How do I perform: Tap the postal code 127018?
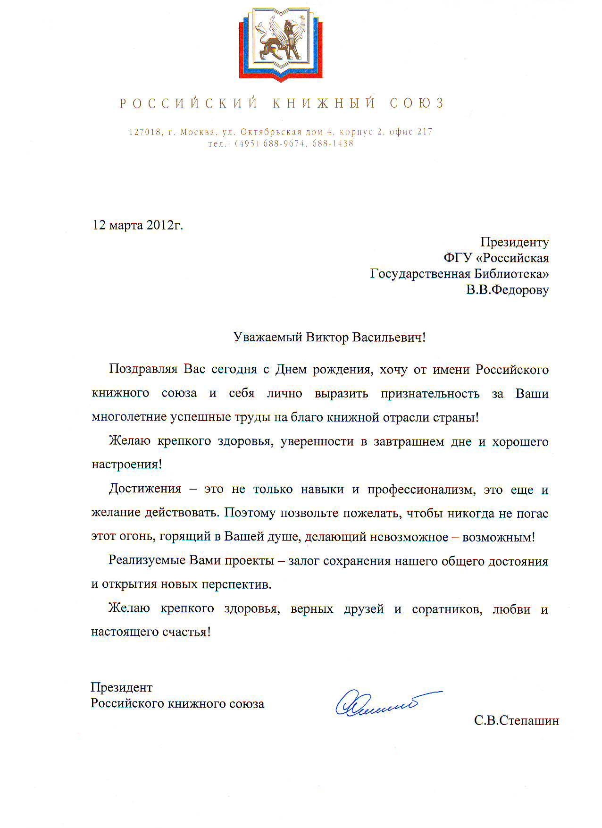click(x=145, y=132)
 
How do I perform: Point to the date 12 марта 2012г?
click(x=137, y=225)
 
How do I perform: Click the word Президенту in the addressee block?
click(x=514, y=242)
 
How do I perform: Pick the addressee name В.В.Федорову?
click(x=508, y=290)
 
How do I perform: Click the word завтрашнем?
click(x=404, y=442)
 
